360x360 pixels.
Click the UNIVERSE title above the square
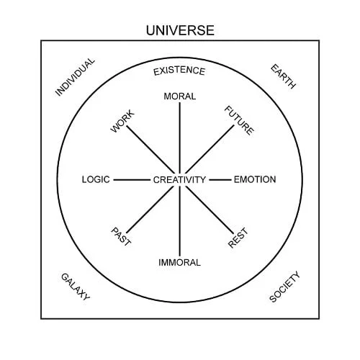(180, 30)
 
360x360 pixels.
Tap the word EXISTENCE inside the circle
(179, 71)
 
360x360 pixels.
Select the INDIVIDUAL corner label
(75, 77)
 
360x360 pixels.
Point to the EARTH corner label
(283, 76)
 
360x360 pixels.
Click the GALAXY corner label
(76, 287)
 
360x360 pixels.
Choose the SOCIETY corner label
(284, 287)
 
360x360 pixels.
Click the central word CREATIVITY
(179, 180)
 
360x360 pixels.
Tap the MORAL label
(180, 96)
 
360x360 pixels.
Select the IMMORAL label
(179, 263)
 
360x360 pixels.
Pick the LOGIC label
(96, 179)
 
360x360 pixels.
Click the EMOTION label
(255, 179)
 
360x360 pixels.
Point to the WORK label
(122, 121)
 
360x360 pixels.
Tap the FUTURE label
(239, 120)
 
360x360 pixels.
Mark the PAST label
(121, 237)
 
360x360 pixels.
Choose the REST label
(238, 238)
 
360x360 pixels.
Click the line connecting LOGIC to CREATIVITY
(132, 180)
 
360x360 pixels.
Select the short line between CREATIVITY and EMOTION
(220, 180)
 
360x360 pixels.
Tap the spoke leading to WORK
(150, 150)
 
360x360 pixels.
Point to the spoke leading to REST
(210, 210)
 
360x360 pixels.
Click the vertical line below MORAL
(179, 138)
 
